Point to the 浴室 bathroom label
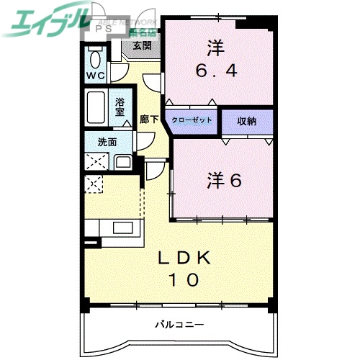pos(121,107)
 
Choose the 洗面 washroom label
pos(98,142)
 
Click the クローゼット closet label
pos(192,120)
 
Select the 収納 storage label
pos(246,120)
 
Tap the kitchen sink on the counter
pos(123,230)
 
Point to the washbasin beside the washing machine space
pos(122,161)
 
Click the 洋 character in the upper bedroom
pos(215,48)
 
